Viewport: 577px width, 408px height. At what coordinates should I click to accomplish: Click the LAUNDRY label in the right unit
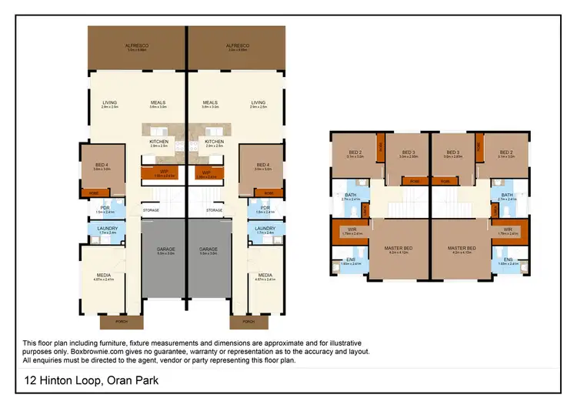click(265, 228)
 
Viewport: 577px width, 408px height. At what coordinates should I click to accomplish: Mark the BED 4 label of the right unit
click(263, 165)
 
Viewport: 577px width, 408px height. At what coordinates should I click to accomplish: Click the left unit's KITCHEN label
click(159, 142)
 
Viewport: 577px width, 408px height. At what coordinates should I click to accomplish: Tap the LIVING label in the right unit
click(258, 102)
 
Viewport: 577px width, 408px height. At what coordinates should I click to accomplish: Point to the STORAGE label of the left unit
click(151, 209)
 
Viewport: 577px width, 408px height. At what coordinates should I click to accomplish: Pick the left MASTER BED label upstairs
click(400, 248)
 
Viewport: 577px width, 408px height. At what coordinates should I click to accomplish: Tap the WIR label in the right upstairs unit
click(508, 229)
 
